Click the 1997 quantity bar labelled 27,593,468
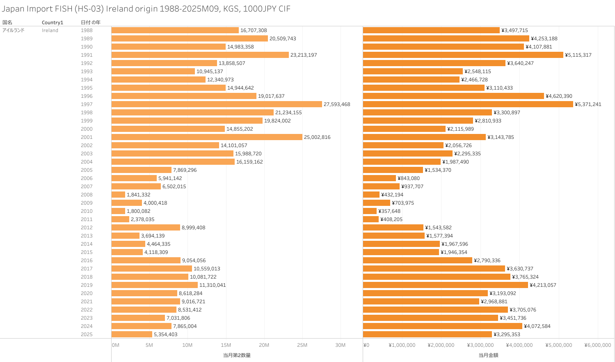coord(217,104)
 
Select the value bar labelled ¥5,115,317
coord(463,55)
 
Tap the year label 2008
coord(87,195)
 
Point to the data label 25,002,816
coord(317,137)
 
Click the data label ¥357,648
coord(389,211)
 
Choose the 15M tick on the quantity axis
coord(226,345)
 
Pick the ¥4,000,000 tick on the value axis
coord(519,345)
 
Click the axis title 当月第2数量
coord(237,355)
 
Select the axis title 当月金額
coord(488,355)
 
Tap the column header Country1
coord(53,23)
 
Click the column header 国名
coord(7,23)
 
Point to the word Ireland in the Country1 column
coord(50,30)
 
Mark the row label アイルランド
coord(14,30)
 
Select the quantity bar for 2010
coord(118,211)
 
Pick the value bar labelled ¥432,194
coord(371,195)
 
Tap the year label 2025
coord(87,334)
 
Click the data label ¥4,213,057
coord(543,285)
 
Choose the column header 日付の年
coord(91,23)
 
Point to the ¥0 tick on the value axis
coord(366,345)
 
